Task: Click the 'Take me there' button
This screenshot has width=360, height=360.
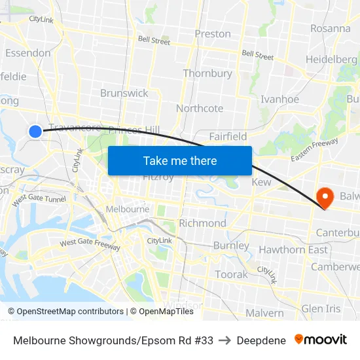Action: tap(180, 160)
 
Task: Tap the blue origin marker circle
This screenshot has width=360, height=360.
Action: tap(35, 131)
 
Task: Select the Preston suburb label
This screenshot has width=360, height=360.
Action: tap(213, 34)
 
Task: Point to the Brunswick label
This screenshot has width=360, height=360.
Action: tap(124, 93)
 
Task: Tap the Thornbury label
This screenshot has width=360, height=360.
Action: tap(207, 73)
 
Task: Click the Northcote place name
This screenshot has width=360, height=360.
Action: tap(200, 108)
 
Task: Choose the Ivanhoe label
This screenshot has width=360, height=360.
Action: tap(279, 99)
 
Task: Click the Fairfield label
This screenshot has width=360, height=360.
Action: tap(228, 136)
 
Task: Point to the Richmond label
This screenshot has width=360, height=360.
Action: tap(202, 223)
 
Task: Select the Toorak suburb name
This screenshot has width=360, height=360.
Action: tap(232, 274)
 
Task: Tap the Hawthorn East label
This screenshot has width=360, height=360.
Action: tap(293, 250)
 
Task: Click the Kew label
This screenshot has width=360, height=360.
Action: tap(261, 183)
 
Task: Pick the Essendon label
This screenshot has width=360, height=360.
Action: tap(28, 53)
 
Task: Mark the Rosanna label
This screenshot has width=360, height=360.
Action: tap(331, 28)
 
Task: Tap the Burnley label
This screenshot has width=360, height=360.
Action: tap(231, 246)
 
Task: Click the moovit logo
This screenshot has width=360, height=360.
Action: tap(321, 340)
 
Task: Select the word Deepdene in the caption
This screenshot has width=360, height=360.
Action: tap(261, 340)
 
